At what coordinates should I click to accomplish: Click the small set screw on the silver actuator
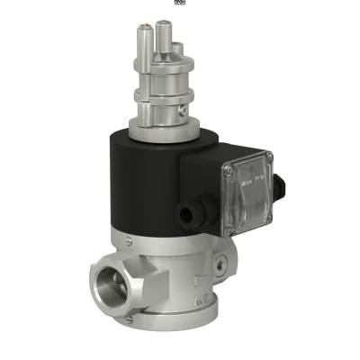point(183,111)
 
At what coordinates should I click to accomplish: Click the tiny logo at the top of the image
point(181,3)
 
